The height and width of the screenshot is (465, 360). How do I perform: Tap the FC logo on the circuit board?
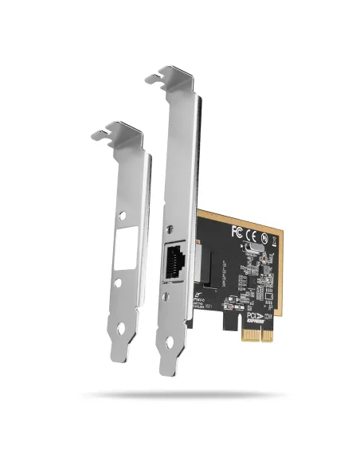(236, 232)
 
